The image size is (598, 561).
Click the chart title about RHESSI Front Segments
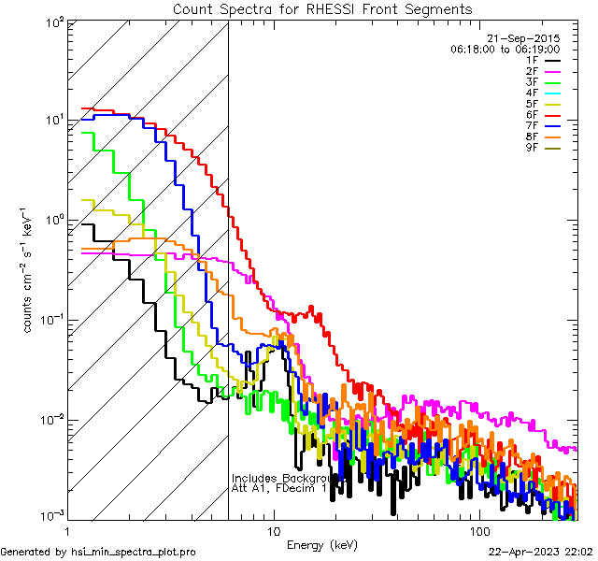tap(322, 9)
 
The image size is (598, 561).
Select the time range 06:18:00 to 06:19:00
tap(505, 49)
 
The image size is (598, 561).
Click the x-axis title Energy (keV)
tap(321, 544)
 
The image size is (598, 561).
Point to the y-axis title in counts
tap(30, 271)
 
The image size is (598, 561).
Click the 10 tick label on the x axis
tap(274, 530)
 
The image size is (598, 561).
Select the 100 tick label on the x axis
tap(478, 530)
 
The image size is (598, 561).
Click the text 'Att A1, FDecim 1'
tap(279, 488)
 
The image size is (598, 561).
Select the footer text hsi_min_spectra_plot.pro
tap(134, 553)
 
